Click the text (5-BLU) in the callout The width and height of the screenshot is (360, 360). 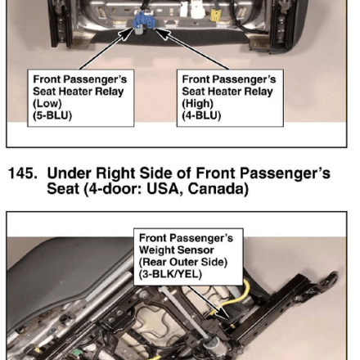52,115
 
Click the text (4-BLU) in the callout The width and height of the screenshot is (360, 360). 201,115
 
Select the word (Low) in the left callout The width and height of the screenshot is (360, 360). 47,104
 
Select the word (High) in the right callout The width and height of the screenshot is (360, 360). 198,104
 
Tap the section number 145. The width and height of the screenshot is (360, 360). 23,173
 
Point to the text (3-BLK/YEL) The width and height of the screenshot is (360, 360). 170,274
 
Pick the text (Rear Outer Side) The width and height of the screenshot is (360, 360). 183,262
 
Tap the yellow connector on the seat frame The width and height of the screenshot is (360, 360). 215,16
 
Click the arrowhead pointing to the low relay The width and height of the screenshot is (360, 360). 126,34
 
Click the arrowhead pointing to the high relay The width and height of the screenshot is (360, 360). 163,34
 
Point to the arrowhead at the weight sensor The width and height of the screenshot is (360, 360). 224,314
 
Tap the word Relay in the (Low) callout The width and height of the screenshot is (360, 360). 110,92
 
